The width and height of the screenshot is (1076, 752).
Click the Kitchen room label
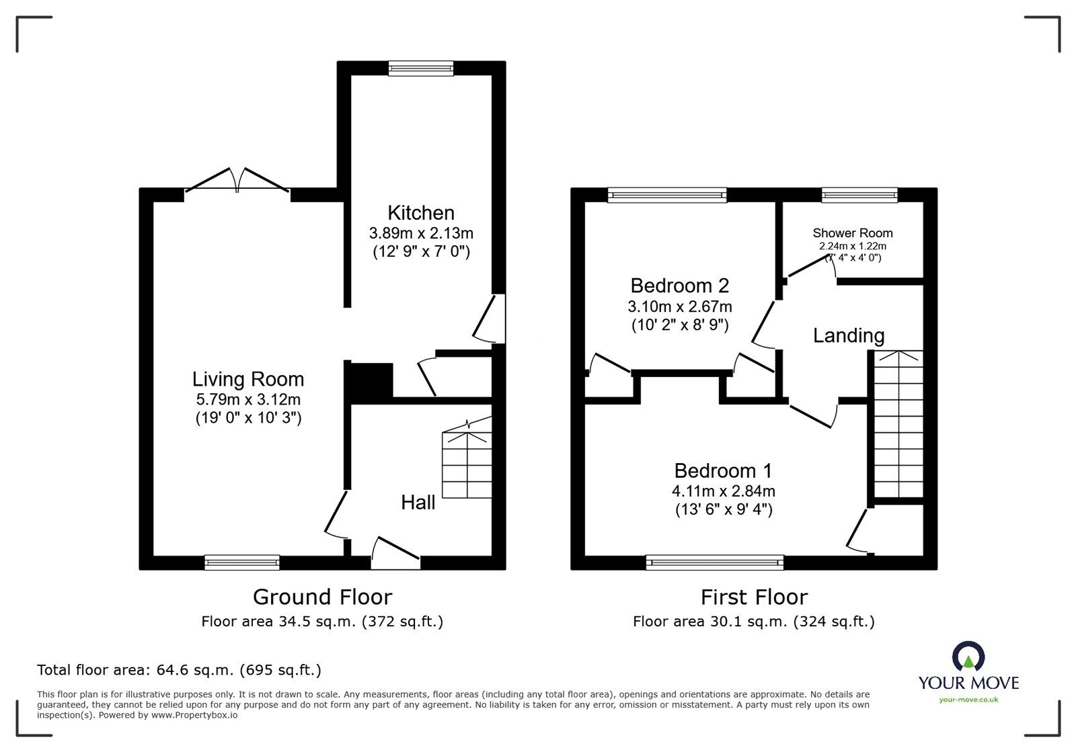pos(421,213)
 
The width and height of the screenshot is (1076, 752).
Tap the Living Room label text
pos(248,380)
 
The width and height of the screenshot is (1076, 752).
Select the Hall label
pos(418,502)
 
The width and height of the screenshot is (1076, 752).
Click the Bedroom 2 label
pos(680,286)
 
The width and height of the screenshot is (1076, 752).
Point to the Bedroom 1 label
pos(724,470)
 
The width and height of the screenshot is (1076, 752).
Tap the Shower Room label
pos(853,233)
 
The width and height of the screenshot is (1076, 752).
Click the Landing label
pos(849,335)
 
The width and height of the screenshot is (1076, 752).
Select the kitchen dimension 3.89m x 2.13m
pos(421,233)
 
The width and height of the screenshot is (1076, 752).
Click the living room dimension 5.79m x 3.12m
pos(248,399)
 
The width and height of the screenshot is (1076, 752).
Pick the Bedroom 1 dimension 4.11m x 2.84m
pos(724,491)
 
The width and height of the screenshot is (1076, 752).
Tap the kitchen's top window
pos(422,67)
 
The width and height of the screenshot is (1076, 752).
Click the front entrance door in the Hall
pos(396,551)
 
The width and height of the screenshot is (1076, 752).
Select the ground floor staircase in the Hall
pos(467,464)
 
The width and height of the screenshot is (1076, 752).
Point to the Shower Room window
pos(859,195)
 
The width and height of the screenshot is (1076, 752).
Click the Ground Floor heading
pos(322,597)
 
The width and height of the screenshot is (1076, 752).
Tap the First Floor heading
pos(754,597)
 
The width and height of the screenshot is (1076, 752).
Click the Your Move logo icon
pos(968,657)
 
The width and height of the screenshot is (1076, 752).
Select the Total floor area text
pos(179,670)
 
